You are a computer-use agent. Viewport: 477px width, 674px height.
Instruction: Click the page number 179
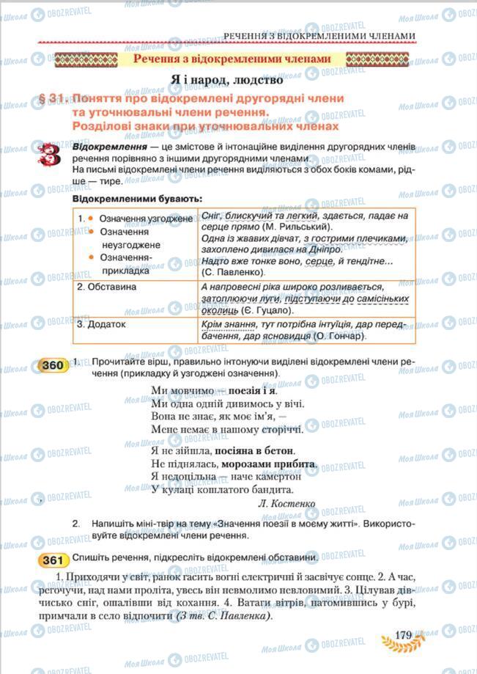pyautogui.click(x=405, y=635)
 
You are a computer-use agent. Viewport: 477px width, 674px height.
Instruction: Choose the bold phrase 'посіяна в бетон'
pyautogui.click(x=254, y=450)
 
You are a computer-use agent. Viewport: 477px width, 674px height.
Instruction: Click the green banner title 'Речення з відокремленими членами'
pyautogui.click(x=232, y=59)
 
